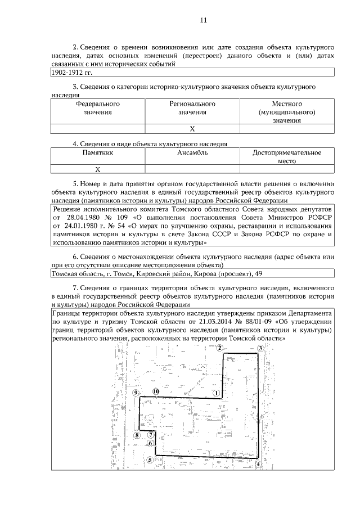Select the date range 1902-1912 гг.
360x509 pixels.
[71, 73]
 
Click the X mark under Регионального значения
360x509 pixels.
[192, 129]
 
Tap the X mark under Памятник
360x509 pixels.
[97, 169]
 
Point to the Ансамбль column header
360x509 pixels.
[192, 152]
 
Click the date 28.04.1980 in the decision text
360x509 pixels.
[82, 217]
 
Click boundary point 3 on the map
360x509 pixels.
[260, 349]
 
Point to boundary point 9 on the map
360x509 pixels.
[136, 393]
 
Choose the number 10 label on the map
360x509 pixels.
[155, 391]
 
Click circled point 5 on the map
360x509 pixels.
[149, 460]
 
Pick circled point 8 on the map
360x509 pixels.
[137, 435]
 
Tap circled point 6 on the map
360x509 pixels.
[150, 443]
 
